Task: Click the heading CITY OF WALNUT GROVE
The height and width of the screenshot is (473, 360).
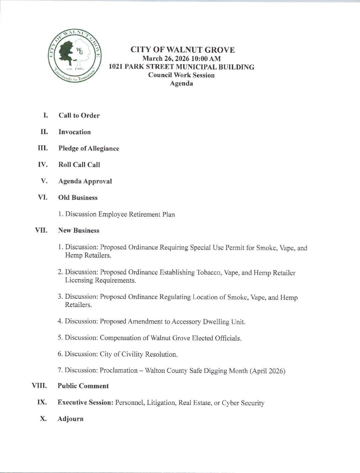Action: (182, 50)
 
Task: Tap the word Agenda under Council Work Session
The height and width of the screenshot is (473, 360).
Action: (182, 83)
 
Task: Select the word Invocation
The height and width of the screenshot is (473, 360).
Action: (75, 132)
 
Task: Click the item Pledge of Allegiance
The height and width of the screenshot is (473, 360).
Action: (89, 148)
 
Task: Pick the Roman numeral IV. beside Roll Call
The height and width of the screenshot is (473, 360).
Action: (43, 165)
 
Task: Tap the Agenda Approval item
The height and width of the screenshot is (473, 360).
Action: (85, 181)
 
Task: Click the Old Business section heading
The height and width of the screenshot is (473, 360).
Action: (78, 198)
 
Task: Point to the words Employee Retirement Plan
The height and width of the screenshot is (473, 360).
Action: (136, 214)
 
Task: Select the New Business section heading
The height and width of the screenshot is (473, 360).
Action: (79, 230)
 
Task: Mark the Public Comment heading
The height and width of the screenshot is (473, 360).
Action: (83, 386)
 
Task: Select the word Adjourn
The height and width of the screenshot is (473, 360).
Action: (70, 419)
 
